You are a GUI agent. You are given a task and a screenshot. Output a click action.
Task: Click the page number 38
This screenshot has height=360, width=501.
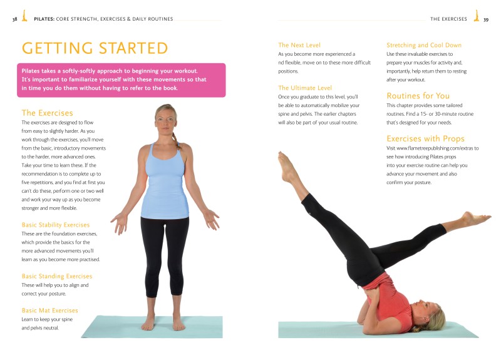(x=14, y=19)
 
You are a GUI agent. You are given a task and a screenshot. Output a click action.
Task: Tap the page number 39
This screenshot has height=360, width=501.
(x=486, y=19)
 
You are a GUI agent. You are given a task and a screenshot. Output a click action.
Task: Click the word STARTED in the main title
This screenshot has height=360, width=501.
(x=133, y=48)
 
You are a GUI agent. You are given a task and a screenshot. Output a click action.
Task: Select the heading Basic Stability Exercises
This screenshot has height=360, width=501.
(x=56, y=225)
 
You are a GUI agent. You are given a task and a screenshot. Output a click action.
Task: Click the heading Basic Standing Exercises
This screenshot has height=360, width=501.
(x=57, y=276)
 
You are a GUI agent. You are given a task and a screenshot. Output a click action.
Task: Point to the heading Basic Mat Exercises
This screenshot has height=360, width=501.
(x=50, y=310)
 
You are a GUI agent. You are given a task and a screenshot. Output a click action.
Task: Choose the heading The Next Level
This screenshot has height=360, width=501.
(x=299, y=45)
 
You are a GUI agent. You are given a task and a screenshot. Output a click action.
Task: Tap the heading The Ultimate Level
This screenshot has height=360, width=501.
(x=305, y=88)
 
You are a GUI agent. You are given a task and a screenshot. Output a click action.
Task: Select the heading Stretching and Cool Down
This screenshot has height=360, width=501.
(x=424, y=45)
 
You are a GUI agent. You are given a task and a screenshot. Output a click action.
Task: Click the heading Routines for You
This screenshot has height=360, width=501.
(x=418, y=96)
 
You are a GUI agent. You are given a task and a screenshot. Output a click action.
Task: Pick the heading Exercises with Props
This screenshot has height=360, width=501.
(x=426, y=138)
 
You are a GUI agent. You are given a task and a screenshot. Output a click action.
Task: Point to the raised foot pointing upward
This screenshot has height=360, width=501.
(x=287, y=167)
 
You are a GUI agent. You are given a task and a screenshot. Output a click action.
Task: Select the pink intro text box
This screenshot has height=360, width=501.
(x=121, y=80)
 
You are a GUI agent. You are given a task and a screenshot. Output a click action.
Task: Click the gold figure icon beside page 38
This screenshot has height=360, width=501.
(x=24, y=16)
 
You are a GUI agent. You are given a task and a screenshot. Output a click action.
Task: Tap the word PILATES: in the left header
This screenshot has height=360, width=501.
(x=44, y=19)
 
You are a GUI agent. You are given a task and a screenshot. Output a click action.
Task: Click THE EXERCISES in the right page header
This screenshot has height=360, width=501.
(x=448, y=19)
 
